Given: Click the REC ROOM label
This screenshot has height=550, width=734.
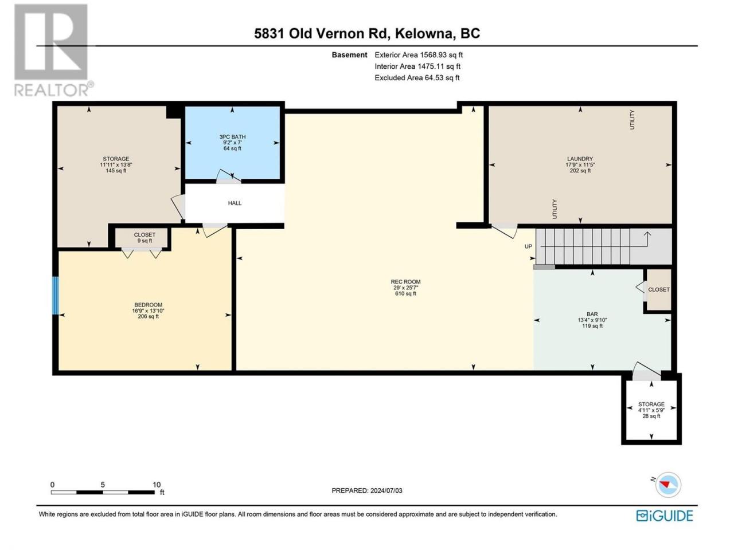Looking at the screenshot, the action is pos(405,282).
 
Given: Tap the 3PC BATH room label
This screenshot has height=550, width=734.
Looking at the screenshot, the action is pos(232,136).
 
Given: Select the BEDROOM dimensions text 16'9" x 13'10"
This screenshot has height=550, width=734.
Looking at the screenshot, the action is pos(148,311).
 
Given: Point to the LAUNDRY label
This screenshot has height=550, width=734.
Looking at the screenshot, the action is pos(580,159).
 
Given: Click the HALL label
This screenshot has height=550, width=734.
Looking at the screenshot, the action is pos(235,203).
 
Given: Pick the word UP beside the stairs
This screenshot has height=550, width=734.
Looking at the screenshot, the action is pos(528,246).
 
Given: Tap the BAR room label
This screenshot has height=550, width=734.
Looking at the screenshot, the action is pos(592,314).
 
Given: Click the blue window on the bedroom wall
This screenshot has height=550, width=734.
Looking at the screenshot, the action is pos(56,296).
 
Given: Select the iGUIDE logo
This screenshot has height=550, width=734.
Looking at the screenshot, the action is pos(665,516).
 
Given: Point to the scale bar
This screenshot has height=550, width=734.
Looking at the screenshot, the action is pos(103,492).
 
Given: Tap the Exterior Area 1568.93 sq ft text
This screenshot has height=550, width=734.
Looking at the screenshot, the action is pos(419,55).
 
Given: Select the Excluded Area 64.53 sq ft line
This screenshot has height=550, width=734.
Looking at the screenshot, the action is pos(417,78).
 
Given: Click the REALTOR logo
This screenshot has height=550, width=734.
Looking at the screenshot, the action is pos(53,50).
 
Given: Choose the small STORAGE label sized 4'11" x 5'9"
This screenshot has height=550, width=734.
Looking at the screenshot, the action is pos(651,404).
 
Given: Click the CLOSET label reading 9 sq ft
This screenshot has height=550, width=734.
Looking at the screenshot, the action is pos(145,235).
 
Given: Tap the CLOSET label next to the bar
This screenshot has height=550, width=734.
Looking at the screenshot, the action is pos(659,289).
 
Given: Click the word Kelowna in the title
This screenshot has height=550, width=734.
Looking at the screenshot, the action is pos(425,34).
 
